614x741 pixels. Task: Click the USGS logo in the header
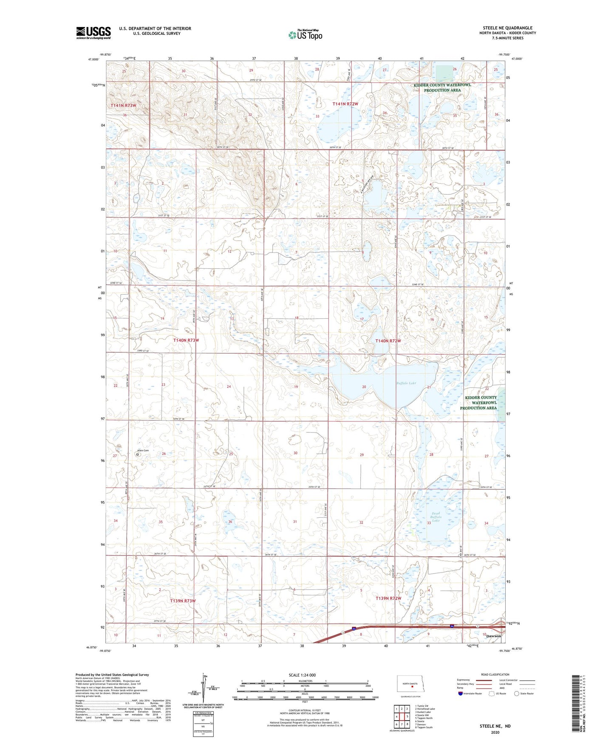pos(93,33)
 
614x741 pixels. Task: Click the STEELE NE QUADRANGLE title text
pos(507,28)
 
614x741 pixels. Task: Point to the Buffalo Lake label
pos(406,383)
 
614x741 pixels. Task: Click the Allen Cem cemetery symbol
pos(137,455)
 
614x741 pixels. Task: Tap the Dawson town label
pos(493,636)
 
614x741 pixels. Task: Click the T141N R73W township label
pos(124,105)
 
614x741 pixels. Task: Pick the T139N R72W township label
pos(388,598)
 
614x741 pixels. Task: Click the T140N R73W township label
pos(186,340)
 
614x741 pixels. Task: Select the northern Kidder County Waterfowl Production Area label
pos(442,87)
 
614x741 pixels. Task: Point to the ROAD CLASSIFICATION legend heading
pos(495,674)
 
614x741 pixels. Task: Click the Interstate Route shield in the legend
pos(461,693)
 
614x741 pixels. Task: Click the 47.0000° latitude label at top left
pos(93,60)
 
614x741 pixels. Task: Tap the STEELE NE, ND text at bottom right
pos(495,726)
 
